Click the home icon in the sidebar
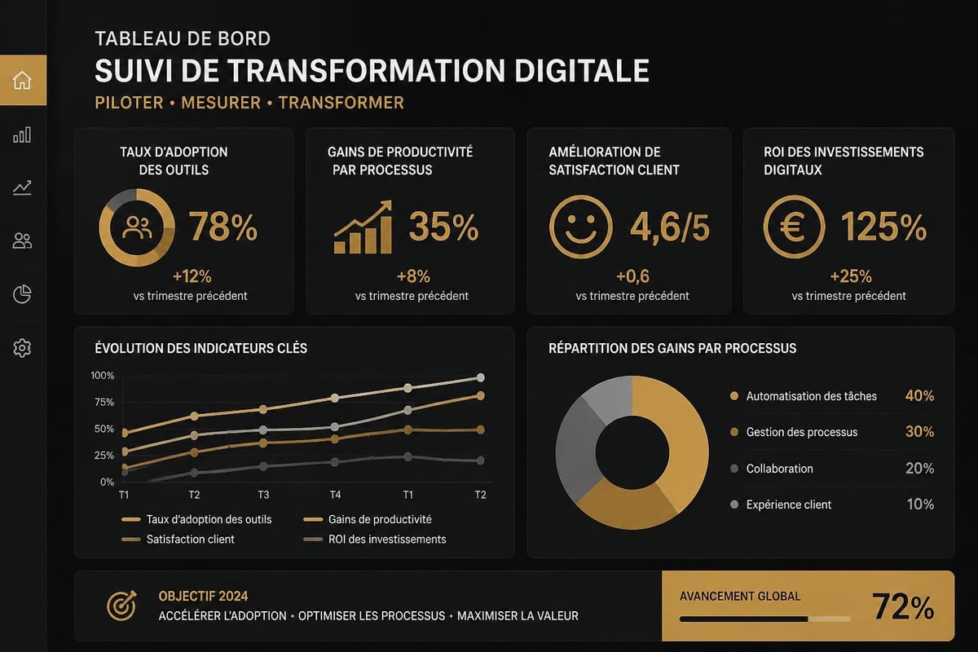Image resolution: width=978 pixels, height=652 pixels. pos(22,81)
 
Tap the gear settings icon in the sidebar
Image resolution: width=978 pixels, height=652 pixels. pos(22,348)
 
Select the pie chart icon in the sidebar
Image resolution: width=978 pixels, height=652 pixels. pos(22,294)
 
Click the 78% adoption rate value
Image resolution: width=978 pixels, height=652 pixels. pos(223,227)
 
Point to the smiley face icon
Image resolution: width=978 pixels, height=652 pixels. pos(580,227)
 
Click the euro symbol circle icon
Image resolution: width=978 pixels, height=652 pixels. pos(794,227)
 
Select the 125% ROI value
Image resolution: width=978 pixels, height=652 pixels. pos(883,227)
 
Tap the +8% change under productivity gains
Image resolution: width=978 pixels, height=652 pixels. pos(413,276)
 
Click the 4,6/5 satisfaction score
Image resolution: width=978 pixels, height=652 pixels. pos(670,227)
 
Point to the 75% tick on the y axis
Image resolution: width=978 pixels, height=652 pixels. pos(104,403)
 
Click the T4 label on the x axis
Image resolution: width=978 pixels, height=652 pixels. pos(335,495)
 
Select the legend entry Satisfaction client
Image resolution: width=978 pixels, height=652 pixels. pos(178,540)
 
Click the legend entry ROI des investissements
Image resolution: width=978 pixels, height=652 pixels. pos(375,540)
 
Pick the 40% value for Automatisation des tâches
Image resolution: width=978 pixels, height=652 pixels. pos(919,395)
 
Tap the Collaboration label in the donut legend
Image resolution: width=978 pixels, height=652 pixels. pos(779,469)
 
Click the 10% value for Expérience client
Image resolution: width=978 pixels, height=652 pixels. pos(920,504)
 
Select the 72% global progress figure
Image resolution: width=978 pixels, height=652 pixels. pos(903,606)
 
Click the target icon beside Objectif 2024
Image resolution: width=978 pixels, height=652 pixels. pos(121,606)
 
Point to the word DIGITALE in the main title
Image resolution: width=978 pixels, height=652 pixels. pos(582,71)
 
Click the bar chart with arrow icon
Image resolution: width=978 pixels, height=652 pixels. pos(363,227)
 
